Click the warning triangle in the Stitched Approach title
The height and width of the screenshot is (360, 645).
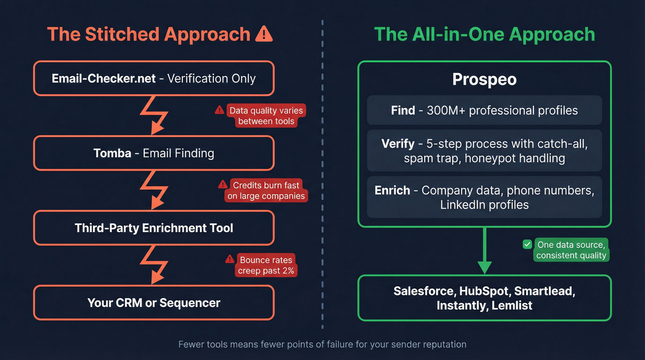[x=264, y=34]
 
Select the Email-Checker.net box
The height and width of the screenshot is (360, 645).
[x=153, y=78]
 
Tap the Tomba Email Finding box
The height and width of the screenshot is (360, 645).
[x=153, y=153]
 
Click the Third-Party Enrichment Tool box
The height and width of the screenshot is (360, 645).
[x=153, y=228]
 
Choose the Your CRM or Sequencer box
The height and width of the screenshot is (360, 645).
[x=153, y=303]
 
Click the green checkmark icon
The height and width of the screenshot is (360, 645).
[x=528, y=245]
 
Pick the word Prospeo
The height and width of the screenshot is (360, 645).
[x=484, y=79]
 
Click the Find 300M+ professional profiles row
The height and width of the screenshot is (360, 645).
[x=484, y=110]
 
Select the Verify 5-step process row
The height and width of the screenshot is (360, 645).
[x=484, y=151]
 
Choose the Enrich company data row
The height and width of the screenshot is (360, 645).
[x=484, y=197]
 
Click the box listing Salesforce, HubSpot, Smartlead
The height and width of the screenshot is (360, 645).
[x=484, y=298]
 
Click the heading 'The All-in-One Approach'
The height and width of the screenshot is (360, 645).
[x=484, y=35]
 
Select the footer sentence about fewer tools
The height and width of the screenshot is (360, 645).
[x=322, y=344]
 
